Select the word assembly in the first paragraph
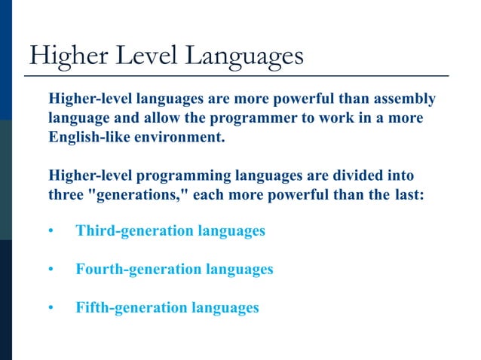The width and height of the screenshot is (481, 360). [x=405, y=99]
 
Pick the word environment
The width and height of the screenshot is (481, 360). [x=181, y=139]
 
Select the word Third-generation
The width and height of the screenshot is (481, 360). [x=134, y=230]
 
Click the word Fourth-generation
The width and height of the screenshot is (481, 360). [x=139, y=269]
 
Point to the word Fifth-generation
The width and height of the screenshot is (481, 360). [x=131, y=307]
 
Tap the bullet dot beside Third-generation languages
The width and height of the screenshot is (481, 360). [x=51, y=231]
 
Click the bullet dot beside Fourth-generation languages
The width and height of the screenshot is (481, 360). [x=51, y=270]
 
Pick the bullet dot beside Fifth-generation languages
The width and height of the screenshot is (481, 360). [x=51, y=308]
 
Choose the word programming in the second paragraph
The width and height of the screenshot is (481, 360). [x=181, y=175]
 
